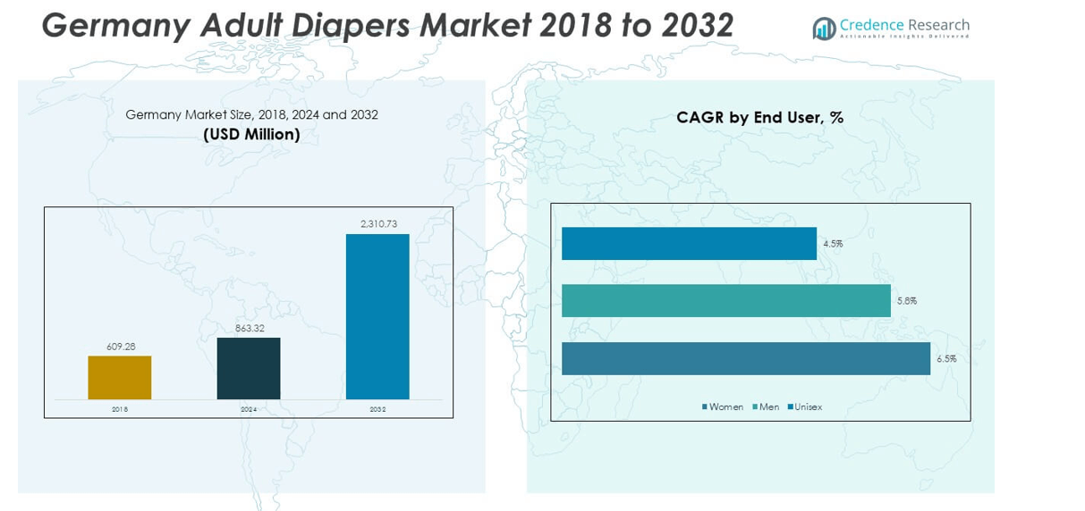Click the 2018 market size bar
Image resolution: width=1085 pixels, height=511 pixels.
pos(119,377)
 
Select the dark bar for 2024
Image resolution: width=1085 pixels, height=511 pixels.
pos(249,368)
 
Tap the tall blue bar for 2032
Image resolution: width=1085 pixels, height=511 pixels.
pos(377,316)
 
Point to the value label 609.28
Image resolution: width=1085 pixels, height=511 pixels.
pos(119,347)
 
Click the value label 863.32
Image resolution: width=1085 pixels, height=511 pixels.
pos(249,328)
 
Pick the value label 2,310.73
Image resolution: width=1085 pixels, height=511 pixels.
pos(378,223)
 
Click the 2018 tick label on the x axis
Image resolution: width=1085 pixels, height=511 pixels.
pos(120,409)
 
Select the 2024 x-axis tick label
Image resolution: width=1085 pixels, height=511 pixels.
pos(249,409)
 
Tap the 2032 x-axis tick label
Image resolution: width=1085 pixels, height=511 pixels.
pos(377,409)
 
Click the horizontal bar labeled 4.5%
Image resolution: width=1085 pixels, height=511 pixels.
pos(689,243)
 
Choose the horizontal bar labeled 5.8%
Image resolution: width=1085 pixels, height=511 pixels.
pos(726,300)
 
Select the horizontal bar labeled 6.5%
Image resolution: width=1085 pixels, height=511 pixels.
pos(746,358)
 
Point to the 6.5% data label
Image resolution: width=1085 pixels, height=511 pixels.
pos(946,358)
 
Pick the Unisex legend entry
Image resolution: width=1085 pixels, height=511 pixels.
pos(804,407)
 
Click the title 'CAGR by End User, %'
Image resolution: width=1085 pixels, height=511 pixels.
pos(760,117)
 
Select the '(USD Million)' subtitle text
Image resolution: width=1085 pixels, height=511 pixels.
pos(251,135)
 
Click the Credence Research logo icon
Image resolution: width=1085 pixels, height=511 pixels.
pos(824,29)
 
